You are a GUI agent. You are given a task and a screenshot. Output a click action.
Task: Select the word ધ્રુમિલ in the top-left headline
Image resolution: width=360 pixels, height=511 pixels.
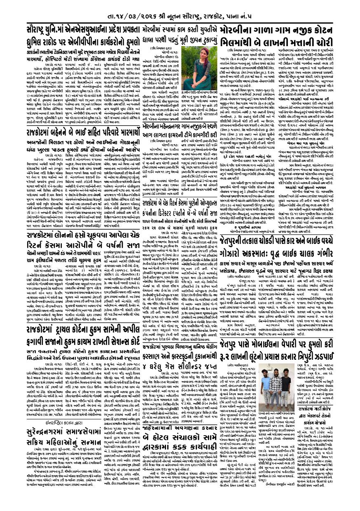point(35,42)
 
